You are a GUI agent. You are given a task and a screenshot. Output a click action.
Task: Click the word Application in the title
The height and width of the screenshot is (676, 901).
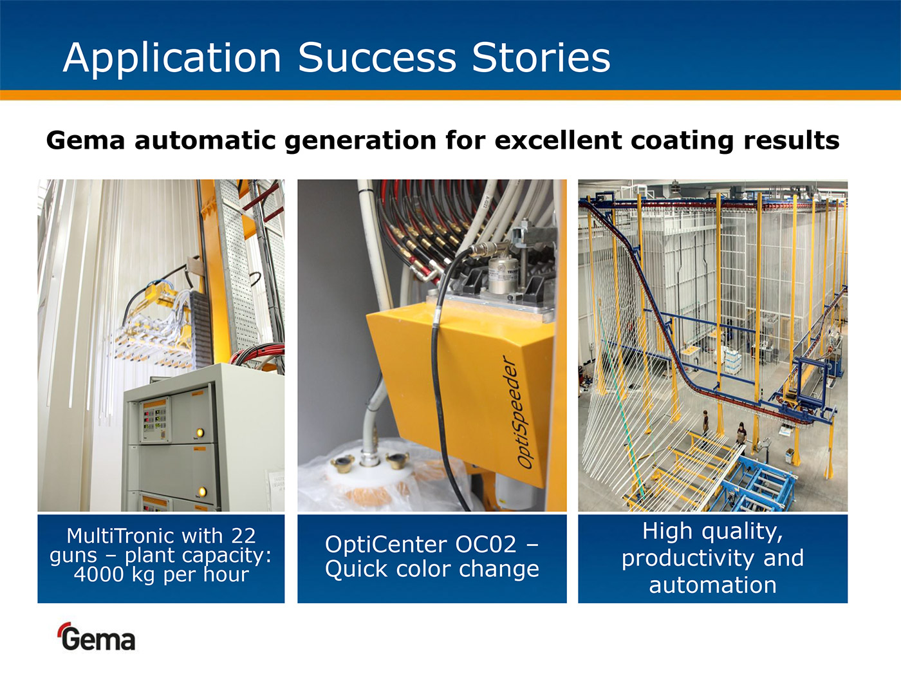pos(172,59)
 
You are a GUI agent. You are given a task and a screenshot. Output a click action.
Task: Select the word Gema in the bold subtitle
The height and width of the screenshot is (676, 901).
pos(86,140)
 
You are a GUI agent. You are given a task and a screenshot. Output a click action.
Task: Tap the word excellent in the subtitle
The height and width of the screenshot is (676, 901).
pos(558,140)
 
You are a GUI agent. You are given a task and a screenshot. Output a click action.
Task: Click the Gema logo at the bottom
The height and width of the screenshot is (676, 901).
pos(97,637)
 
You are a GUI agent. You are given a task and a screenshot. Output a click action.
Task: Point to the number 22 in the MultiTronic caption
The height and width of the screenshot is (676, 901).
pos(243,536)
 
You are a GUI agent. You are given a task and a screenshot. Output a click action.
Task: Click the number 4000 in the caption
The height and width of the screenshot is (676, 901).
pos(98,574)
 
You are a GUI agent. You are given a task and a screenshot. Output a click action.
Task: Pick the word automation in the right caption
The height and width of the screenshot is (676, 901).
pos(712,585)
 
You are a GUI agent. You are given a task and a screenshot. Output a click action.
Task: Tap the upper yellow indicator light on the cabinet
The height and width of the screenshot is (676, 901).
pos(200,432)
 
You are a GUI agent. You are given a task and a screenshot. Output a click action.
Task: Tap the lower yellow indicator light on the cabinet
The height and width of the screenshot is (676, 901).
pos(201,491)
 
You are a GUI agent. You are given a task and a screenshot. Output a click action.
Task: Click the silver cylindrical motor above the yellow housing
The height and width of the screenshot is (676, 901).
pos(503,275)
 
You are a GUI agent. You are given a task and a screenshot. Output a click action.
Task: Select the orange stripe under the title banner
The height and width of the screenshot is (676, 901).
pos(450,95)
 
